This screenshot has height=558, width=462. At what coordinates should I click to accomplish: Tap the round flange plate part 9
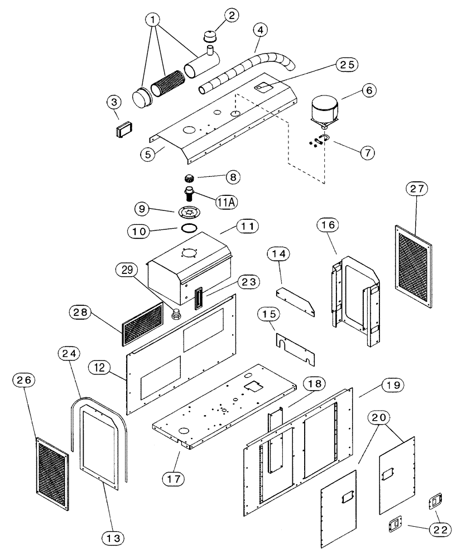point(191,212)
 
